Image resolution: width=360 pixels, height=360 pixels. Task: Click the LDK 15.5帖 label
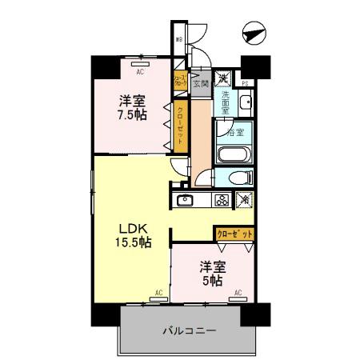(130, 233)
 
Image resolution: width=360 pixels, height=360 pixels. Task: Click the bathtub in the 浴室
(234, 153)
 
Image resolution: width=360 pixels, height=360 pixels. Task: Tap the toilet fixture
(238, 178)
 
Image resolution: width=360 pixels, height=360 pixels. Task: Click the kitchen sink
(185, 200)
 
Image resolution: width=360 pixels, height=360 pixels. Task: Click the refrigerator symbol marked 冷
(245, 200)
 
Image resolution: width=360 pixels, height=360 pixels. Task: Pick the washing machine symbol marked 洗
(226, 78)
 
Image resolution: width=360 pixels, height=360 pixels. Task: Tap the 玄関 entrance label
(201, 81)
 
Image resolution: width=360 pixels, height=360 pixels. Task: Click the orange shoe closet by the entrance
(180, 80)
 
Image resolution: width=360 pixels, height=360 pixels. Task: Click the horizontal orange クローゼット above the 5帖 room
(234, 234)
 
